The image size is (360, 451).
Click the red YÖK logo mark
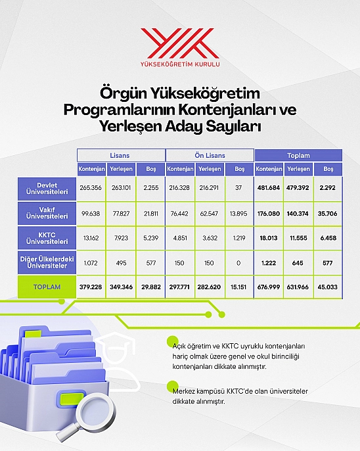pos(180,43)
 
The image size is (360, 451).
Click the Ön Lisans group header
pos(210,155)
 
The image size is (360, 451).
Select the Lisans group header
pos(120,155)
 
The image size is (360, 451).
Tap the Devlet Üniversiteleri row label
pos(47,189)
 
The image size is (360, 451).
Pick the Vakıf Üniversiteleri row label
pos(47,213)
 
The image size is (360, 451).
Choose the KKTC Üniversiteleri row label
pos(47,238)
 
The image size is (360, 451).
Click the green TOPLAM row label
pos(47,287)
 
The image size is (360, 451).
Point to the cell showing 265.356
pos(91,188)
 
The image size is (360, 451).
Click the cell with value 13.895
pos(238,214)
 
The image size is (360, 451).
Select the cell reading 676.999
pos(269,287)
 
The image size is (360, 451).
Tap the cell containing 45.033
pos(328,287)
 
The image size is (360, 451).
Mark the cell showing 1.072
pos(91,263)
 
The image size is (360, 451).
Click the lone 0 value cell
pos(238,263)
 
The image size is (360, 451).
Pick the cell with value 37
pos(238,188)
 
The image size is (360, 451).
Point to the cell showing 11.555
pos(298,238)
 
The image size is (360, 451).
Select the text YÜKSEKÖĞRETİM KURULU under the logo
pos(180,64)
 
